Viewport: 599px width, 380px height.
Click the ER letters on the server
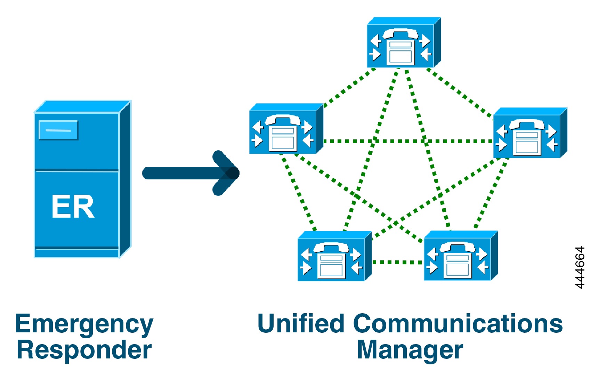click(73, 207)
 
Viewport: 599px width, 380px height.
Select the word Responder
click(84, 350)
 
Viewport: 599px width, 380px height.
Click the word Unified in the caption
click(301, 323)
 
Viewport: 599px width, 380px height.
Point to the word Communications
click(458, 323)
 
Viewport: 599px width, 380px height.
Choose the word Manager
click(410, 350)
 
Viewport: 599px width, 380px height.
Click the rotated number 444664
click(580, 267)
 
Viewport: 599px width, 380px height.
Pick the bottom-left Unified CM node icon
click(334, 257)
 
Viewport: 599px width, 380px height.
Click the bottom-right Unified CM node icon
click(460, 257)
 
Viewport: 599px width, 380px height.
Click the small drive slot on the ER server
click(58, 130)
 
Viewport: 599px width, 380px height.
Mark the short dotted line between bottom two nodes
click(397, 262)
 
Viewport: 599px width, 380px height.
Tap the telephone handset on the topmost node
click(400, 33)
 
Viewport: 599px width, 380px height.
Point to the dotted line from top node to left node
click(349, 87)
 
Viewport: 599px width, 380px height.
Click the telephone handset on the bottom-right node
click(458, 247)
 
